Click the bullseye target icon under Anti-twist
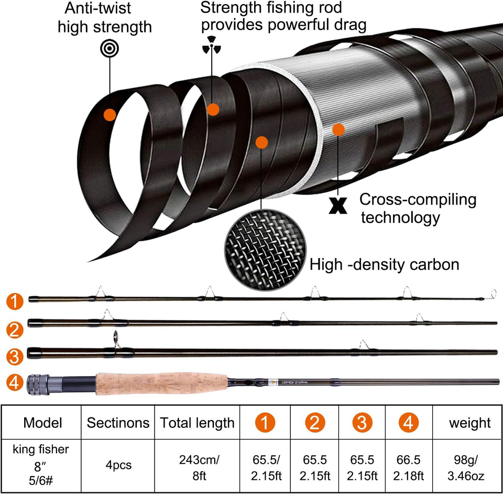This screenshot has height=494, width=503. click(x=110, y=49)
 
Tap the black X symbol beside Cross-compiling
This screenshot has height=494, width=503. click(x=336, y=205)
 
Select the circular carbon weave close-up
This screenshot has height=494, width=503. click(x=265, y=249)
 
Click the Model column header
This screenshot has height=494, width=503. click(x=43, y=423)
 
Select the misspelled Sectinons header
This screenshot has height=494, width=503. click(x=118, y=423)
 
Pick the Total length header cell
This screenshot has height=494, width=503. click(x=197, y=423)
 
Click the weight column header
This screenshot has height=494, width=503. click(x=469, y=423)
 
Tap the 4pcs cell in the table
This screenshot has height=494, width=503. click(x=118, y=465)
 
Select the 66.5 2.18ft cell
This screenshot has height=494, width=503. click(x=409, y=465)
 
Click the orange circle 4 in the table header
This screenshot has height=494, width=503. click(x=409, y=423)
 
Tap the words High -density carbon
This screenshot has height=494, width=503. click(x=384, y=264)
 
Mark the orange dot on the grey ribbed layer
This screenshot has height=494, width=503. click(x=338, y=129)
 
